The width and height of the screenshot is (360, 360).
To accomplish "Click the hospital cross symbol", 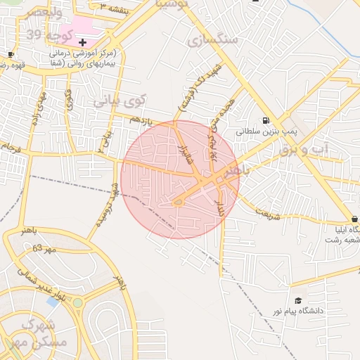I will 83,43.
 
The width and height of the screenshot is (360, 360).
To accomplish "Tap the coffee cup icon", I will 11,54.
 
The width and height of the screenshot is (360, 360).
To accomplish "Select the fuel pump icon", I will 266,120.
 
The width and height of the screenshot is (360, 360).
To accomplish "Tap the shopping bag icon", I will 356,218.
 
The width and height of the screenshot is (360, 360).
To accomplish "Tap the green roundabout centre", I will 77,304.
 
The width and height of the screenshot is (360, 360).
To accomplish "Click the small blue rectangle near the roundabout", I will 52,301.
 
